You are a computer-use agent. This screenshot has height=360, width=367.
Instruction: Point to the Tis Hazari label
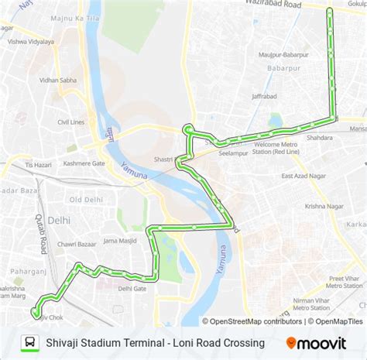39,165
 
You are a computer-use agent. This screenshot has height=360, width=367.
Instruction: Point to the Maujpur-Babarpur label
284,56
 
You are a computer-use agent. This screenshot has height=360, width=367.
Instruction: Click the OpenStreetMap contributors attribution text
256,321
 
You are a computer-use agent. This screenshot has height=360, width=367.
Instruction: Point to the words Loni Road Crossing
221,342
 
